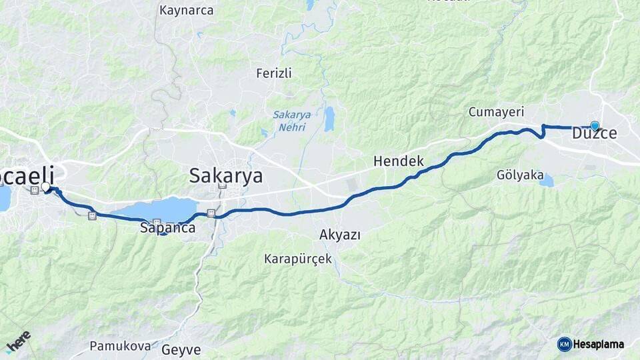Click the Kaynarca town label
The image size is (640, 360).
click(187, 11)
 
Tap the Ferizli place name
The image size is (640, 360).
click(274, 73)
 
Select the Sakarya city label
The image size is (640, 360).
click(226, 176)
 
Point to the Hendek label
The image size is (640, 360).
click(399, 161)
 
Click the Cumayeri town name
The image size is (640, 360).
click(496, 112)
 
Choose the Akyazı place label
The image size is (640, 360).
click(340, 235)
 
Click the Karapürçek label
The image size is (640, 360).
click(298, 259)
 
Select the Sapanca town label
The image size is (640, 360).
click(168, 229)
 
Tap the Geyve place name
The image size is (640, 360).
click(181, 349)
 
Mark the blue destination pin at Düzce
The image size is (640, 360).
click(595, 125)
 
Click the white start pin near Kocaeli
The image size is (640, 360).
click(45, 187)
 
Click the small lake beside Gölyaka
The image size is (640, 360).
click(547, 180)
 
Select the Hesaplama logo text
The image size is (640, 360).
click(599, 345)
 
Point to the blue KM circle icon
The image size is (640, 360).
click(564, 344)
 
